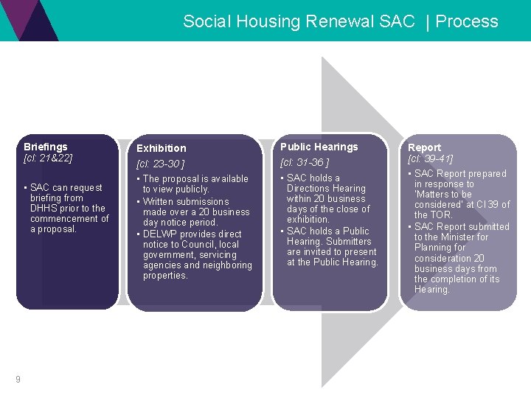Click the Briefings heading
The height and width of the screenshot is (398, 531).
coord(45,147)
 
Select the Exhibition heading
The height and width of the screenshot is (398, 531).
coord(161,148)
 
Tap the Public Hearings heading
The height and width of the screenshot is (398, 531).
coord(319,147)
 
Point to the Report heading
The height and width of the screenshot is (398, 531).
coord(424,147)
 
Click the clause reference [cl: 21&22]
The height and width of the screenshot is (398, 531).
coord(48,158)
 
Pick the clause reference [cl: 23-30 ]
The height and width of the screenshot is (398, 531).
coord(160,163)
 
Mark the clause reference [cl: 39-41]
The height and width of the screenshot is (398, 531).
coord(430,158)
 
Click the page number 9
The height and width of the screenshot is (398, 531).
coord(17,380)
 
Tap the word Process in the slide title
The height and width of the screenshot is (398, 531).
coord(467,21)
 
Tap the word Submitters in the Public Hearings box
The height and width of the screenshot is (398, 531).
coord(350,241)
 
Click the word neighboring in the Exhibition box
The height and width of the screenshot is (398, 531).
coord(227,265)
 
